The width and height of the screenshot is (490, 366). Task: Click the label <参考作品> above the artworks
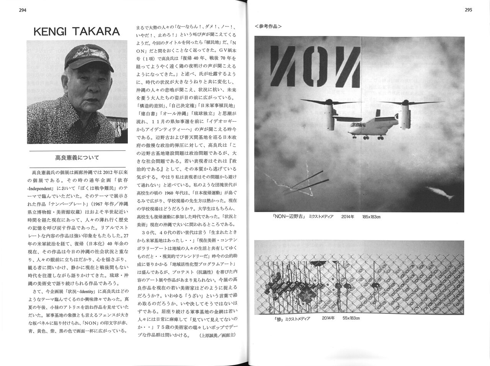(x=268, y=26)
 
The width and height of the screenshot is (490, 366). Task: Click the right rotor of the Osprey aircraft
(x=406, y=103)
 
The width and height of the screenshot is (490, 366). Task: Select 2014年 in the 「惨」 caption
(x=328, y=318)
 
